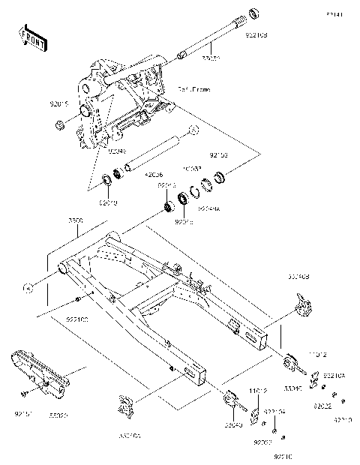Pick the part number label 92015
pos(61,106)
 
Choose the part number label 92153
pos(218,156)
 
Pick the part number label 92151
pos(24,412)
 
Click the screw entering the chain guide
pos(25,392)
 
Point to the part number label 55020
pos(58,412)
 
